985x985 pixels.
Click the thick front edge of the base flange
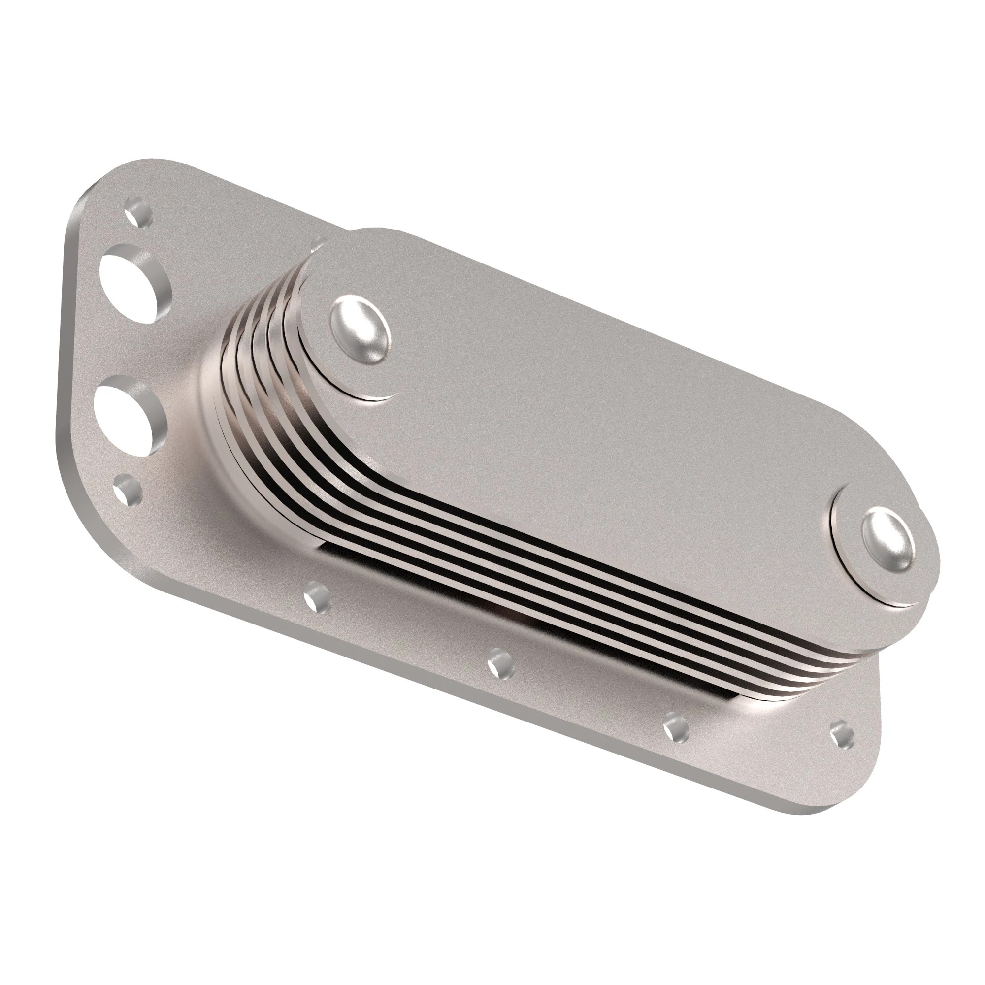pos(408,678)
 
